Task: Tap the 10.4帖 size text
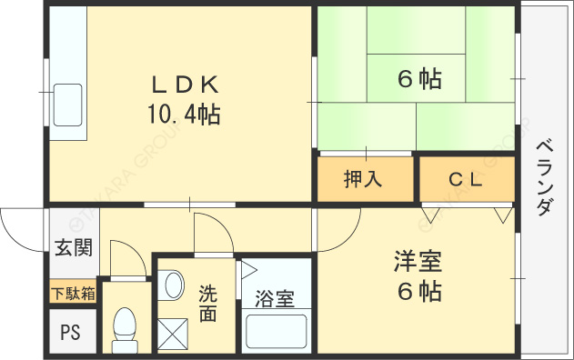(184, 115)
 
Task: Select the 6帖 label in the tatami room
(419, 80)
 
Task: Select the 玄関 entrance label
(72, 247)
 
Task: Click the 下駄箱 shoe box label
(72, 293)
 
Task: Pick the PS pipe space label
(70, 333)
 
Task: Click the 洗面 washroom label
(208, 305)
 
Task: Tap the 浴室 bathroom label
(274, 299)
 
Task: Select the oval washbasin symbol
(175, 285)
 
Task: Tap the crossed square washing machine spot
(173, 334)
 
